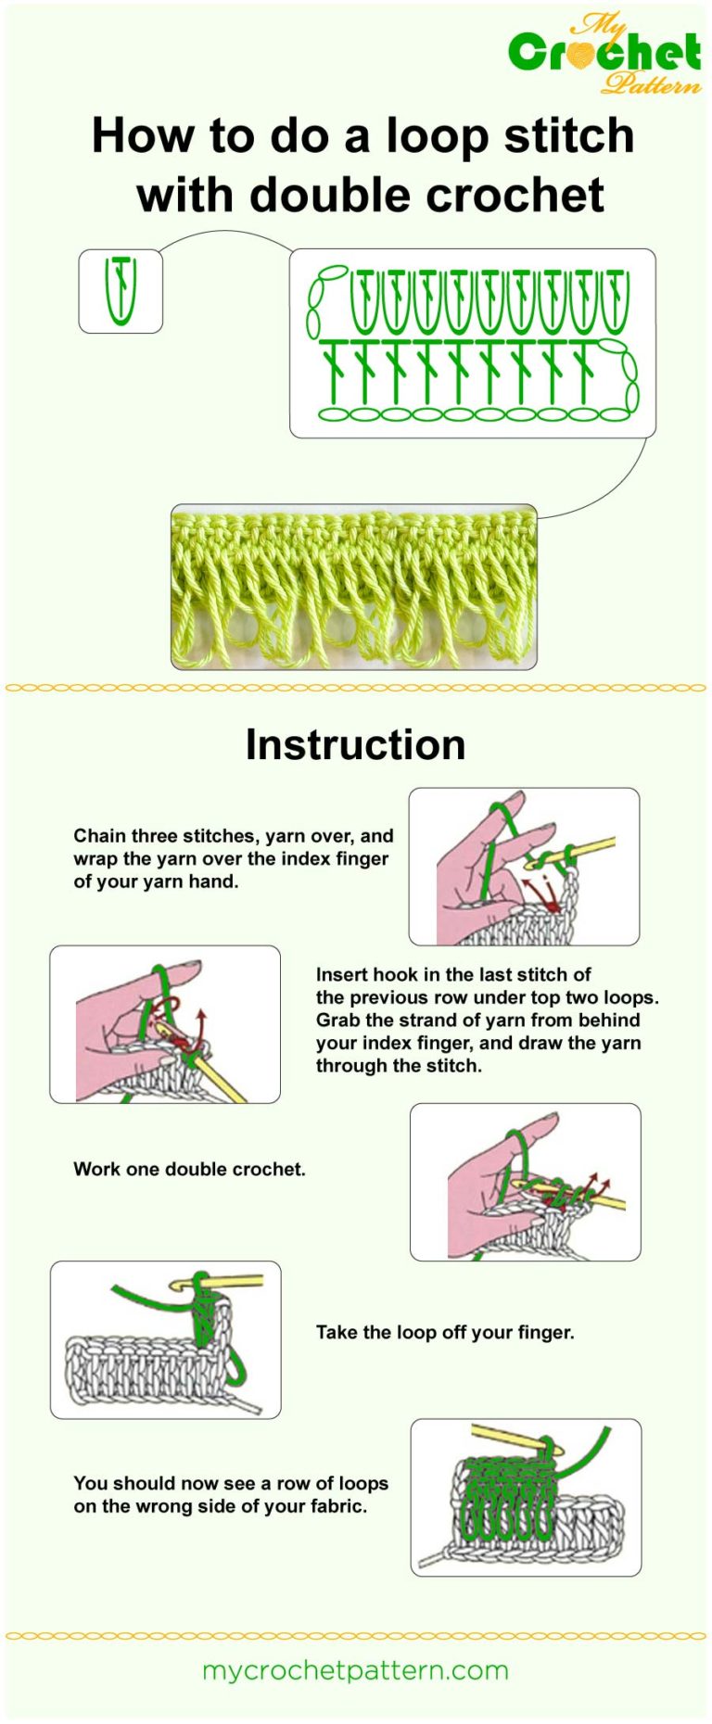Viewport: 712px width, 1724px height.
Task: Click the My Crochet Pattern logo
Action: pos(604,54)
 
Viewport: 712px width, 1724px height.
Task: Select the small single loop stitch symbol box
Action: pos(121,291)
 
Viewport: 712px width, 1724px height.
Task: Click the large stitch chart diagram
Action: pos(472,343)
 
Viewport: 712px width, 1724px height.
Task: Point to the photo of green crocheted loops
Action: pos(353,587)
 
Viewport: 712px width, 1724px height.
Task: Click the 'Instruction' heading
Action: pos(355,745)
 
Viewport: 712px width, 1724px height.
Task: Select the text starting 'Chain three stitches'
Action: pos(233,858)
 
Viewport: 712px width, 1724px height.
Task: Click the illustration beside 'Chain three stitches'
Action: pos(524,867)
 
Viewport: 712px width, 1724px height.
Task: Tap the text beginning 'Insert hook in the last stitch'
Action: pos(487,1020)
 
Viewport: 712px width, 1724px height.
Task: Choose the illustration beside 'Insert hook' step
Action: pos(165,1024)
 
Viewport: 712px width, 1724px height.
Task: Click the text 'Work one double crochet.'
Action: pos(189,1169)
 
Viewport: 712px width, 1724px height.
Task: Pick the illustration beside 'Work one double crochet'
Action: pos(525,1182)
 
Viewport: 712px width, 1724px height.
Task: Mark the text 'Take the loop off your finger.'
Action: pos(445,1332)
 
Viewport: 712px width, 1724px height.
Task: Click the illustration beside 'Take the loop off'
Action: pos(165,1339)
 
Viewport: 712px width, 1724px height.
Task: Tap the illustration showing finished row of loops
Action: pos(526,1497)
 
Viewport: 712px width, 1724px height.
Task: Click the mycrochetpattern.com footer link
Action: pos(355,1670)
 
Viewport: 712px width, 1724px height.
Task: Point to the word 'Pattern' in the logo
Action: pos(651,85)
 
